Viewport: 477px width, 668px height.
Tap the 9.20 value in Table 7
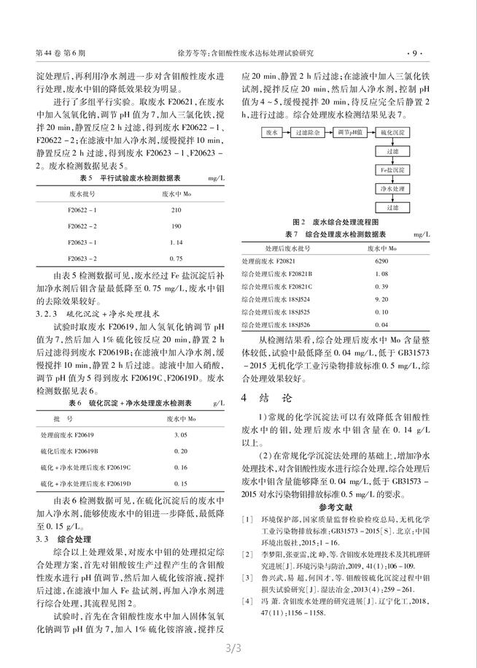381,299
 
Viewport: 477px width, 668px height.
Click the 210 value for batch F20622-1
175,210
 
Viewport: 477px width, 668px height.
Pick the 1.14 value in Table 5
175,242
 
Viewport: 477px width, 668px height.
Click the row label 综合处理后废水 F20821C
275,286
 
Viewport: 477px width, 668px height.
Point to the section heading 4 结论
266,399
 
